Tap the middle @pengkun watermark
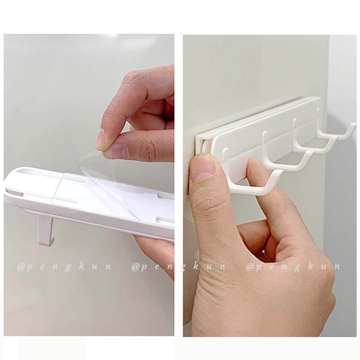coord(179,267)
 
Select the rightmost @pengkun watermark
coord(293,267)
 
